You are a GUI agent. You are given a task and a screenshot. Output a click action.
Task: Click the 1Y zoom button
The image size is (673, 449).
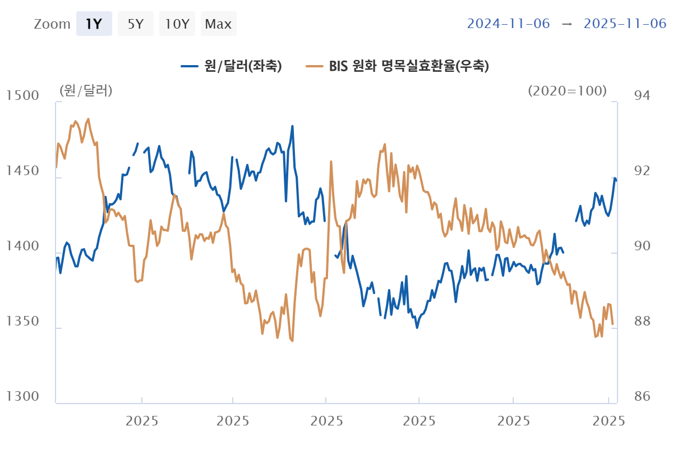(x=94, y=24)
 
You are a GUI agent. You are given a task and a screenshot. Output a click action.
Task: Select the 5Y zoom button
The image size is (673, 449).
(x=136, y=24)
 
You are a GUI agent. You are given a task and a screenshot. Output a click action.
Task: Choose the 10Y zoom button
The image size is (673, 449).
(x=177, y=24)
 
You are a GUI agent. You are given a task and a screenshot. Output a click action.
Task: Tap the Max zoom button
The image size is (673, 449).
(x=218, y=24)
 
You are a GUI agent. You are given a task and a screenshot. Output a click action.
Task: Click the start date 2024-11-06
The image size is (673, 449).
(x=509, y=24)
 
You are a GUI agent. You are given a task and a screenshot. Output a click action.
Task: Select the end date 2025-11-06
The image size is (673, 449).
(x=625, y=24)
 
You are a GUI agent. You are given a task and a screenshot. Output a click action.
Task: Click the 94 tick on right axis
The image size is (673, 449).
(x=641, y=96)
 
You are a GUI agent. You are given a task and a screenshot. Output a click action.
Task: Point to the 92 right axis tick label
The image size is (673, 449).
(x=641, y=171)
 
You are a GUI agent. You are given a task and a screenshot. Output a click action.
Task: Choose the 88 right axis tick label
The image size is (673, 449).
(x=641, y=322)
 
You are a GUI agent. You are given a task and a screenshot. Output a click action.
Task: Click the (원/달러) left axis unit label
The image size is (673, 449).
(x=86, y=90)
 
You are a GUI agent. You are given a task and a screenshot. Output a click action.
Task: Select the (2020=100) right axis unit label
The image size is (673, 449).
(x=567, y=90)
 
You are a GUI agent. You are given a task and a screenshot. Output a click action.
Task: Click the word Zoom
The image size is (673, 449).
(x=52, y=24)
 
